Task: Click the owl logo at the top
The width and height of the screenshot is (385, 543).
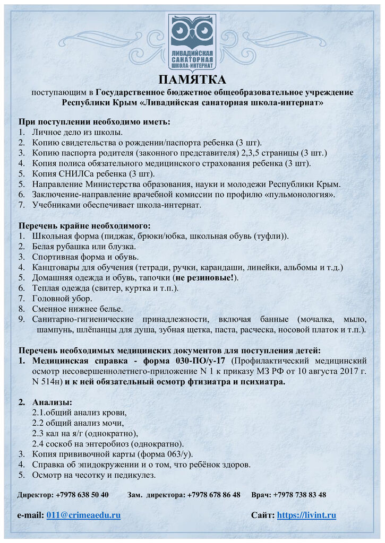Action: pyautogui.click(x=192, y=41)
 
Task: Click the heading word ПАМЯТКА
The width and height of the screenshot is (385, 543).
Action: pyautogui.click(x=192, y=80)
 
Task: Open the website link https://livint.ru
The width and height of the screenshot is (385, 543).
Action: pyautogui.click(x=306, y=515)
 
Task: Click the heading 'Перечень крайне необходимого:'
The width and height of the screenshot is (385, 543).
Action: pyautogui.click(x=85, y=225)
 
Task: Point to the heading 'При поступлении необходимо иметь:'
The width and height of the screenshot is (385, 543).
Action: pyautogui.click(x=95, y=122)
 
